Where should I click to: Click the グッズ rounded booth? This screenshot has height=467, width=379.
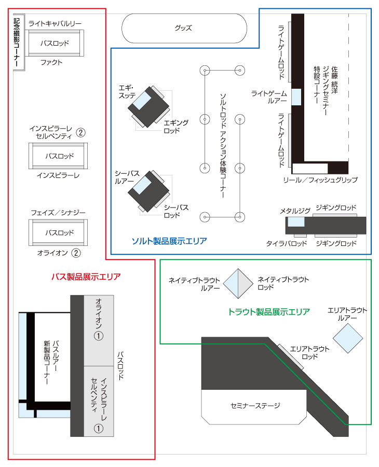pos(184,29)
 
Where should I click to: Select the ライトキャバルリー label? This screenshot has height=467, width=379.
pos(55,23)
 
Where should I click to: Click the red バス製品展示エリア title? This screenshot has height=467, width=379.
pos(86,277)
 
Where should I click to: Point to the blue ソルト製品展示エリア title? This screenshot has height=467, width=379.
pos(169,241)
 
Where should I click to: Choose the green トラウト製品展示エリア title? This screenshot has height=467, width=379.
pos(269,312)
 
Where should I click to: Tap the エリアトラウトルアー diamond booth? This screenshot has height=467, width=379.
pos(348,338)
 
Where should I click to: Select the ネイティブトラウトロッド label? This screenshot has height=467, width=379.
pos(283,283)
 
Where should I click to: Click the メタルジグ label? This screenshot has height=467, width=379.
pos(295,211)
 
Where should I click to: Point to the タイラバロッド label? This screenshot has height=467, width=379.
pos(287,244)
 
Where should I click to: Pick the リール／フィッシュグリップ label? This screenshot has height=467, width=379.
pos(320,180)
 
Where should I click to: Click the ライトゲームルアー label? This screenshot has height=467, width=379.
pos(269,97)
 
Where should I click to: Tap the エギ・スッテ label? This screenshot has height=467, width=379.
pos(127,92)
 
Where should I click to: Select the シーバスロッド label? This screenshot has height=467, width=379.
pos(176,211)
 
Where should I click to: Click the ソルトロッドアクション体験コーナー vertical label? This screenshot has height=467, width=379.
pos(223,145)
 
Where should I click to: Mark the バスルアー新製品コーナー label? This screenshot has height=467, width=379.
pos(51,362)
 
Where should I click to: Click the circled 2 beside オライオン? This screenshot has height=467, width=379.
pos(76,253)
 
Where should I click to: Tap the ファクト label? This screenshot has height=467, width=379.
pos(51,62)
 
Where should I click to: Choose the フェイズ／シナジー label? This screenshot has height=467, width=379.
pos(58,213)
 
